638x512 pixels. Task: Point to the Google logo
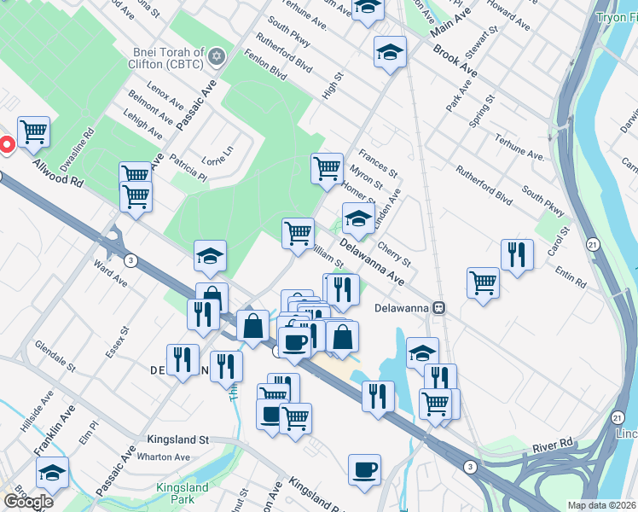(x=28, y=502)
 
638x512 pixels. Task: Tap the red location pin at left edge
(x=5, y=145)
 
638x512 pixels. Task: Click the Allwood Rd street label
(x=59, y=171)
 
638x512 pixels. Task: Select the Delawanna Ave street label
(x=371, y=262)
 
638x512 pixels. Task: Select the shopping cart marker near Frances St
(x=327, y=168)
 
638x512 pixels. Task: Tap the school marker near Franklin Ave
(x=52, y=472)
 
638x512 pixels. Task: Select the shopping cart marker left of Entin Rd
(x=483, y=282)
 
